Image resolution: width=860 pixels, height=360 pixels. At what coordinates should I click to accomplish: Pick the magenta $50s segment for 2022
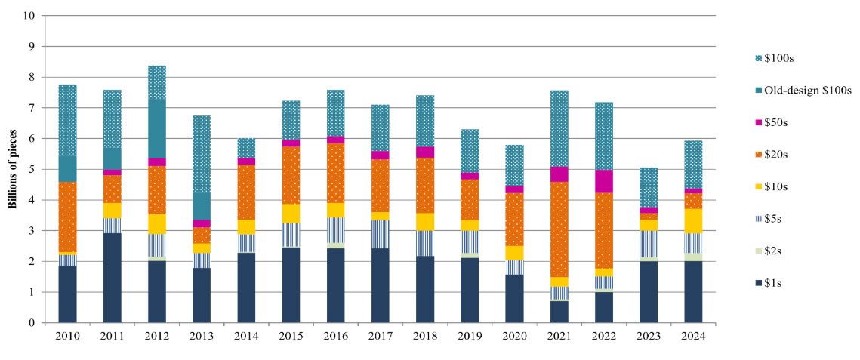pyautogui.click(x=604, y=181)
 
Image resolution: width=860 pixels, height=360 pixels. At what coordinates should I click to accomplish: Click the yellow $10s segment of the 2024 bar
pyautogui.click(x=693, y=220)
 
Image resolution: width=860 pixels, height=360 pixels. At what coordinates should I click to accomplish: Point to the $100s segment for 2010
pyautogui.click(x=68, y=121)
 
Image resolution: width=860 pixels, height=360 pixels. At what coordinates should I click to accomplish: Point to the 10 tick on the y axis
pyautogui.click(x=30, y=15)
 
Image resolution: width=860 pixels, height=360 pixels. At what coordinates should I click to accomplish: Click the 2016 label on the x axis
pyautogui.click(x=336, y=335)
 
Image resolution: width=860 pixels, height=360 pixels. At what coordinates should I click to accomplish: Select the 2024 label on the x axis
pyautogui.click(x=693, y=335)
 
